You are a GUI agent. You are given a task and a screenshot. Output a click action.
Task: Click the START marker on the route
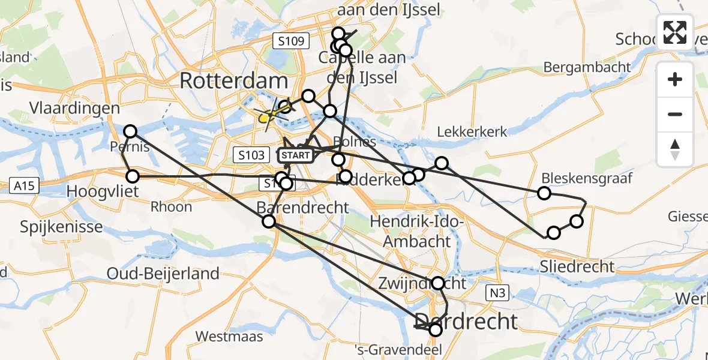(296, 155)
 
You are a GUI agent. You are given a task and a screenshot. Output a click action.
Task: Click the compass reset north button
(675, 150)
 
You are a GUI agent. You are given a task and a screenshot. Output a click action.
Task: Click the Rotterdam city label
(233, 81)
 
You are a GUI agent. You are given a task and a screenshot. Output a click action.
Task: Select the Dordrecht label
(466, 322)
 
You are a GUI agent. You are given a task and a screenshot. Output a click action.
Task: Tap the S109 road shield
(291, 41)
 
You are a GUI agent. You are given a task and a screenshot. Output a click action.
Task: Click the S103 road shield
(251, 155)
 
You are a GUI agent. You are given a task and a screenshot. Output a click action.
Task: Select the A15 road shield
(25, 186)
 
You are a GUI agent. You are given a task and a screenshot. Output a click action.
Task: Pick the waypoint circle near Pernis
(130, 131)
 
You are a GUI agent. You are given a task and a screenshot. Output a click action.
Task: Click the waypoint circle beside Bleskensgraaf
(544, 193)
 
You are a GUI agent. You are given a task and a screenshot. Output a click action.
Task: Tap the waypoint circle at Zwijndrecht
(439, 283)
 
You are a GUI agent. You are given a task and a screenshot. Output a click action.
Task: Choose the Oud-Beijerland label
(163, 274)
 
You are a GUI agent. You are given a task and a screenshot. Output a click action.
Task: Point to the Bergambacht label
(587, 67)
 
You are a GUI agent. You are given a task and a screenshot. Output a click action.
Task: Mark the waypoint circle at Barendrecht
(269, 221)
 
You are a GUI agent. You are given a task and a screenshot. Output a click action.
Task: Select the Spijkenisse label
(61, 227)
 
